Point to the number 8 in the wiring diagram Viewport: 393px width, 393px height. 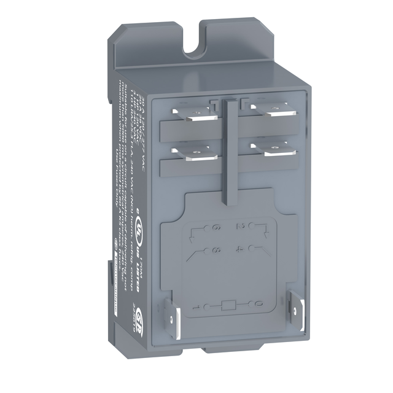click(x=217, y=250)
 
